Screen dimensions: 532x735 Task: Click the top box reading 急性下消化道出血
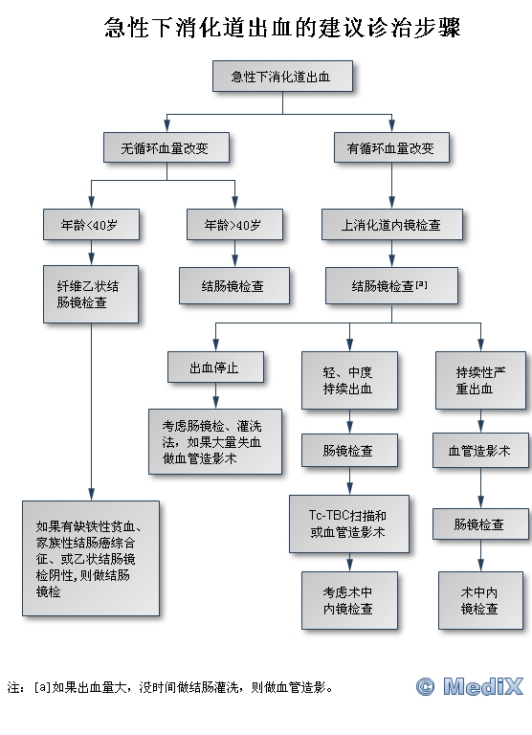282,76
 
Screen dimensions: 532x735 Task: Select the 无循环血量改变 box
166,147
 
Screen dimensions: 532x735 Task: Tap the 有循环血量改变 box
391,147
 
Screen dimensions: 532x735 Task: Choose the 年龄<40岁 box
92,225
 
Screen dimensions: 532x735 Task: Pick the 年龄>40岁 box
234,225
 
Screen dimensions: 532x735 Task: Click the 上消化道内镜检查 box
392,225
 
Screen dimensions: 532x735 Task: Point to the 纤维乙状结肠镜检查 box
91,295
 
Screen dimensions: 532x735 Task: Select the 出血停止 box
215,367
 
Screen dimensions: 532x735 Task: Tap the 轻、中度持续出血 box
349,381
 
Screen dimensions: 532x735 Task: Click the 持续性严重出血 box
481,381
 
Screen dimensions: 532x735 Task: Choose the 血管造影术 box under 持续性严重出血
481,451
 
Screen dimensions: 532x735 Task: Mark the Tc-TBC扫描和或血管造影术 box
349,524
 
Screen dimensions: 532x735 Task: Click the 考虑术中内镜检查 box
349,600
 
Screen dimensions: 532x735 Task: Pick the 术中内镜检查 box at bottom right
481,600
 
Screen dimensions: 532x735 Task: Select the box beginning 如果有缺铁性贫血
91,558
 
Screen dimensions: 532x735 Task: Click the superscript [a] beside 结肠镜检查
421,283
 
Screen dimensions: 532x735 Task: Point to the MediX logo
469,687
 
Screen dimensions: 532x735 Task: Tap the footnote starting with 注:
170,688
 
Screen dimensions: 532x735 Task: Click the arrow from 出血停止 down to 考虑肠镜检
215,395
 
